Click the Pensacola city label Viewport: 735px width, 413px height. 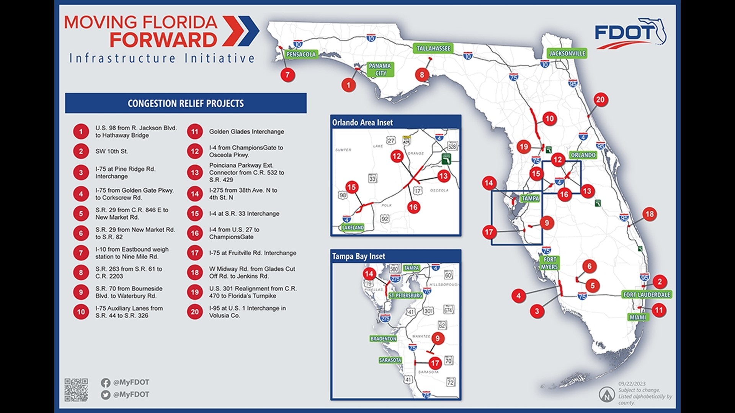(301, 54)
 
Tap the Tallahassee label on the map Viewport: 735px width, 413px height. (433, 48)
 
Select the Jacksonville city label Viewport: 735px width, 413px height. (567, 53)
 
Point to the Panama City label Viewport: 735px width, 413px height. (380, 69)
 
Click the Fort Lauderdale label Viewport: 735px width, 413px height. (647, 294)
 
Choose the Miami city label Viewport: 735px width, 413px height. (638, 317)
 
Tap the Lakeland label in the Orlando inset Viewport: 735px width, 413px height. (353, 228)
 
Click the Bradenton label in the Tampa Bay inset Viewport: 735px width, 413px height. (383, 339)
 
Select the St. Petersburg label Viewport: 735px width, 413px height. (405, 296)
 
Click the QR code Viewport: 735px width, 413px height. (76, 390)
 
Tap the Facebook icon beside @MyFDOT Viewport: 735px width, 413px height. (106, 382)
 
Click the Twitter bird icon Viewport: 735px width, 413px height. (106, 395)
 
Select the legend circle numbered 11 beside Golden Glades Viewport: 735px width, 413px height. (195, 132)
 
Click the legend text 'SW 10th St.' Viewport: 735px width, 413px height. (111, 151)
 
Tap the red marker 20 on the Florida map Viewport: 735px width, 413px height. (600, 100)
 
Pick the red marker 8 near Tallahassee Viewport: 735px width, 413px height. (422, 75)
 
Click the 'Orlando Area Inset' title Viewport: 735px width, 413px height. (362, 122)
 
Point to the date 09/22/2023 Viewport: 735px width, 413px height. (632, 384)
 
